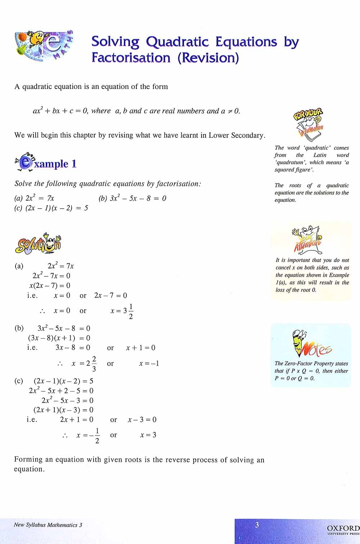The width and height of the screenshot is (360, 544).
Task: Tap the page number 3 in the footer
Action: (x=257, y=525)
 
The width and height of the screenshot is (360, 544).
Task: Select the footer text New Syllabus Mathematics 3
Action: (x=48, y=525)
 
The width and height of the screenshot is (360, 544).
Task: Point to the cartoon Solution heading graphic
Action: (x=38, y=244)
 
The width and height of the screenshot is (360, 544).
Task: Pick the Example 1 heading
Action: (x=46, y=164)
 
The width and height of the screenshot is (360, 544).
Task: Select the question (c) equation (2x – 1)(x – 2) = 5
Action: (x=51, y=208)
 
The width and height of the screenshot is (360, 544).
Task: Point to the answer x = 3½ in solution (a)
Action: (x=122, y=311)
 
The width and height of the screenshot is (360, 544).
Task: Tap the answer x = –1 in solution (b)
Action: (x=149, y=364)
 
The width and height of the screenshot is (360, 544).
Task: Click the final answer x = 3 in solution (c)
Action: (x=148, y=435)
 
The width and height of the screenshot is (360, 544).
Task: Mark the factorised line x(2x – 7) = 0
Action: (x=50, y=285)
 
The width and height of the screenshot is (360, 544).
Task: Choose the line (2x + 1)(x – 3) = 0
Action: (x=63, y=410)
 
